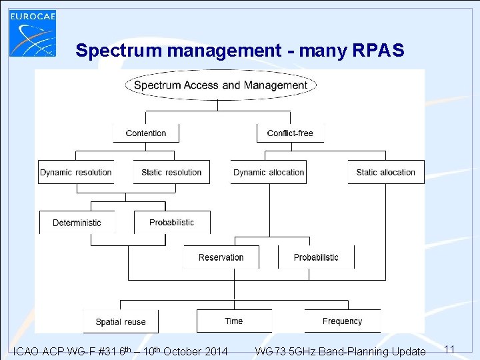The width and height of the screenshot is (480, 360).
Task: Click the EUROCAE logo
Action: click(33, 33)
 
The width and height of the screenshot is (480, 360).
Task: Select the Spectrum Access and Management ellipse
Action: click(221, 85)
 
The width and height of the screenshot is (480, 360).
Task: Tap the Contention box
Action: click(146, 133)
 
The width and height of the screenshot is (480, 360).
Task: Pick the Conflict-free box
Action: click(290, 133)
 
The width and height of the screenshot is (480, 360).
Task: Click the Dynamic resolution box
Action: click(76, 172)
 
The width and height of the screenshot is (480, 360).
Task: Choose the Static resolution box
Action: click(171, 172)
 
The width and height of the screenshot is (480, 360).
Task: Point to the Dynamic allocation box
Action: click(269, 172)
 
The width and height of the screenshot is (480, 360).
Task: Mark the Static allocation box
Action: click(385, 172)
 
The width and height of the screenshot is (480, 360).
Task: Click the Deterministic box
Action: click(77, 223)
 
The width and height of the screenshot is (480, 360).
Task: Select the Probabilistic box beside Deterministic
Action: click(172, 223)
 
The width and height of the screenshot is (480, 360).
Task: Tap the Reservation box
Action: click(221, 257)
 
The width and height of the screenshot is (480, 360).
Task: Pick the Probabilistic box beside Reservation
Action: click(316, 257)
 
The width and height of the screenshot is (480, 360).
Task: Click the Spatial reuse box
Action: click(121, 321)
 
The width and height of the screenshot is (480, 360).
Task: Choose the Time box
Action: click(234, 321)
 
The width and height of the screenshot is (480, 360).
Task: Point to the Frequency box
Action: click(342, 321)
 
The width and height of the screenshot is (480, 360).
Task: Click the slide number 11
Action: click(449, 349)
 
